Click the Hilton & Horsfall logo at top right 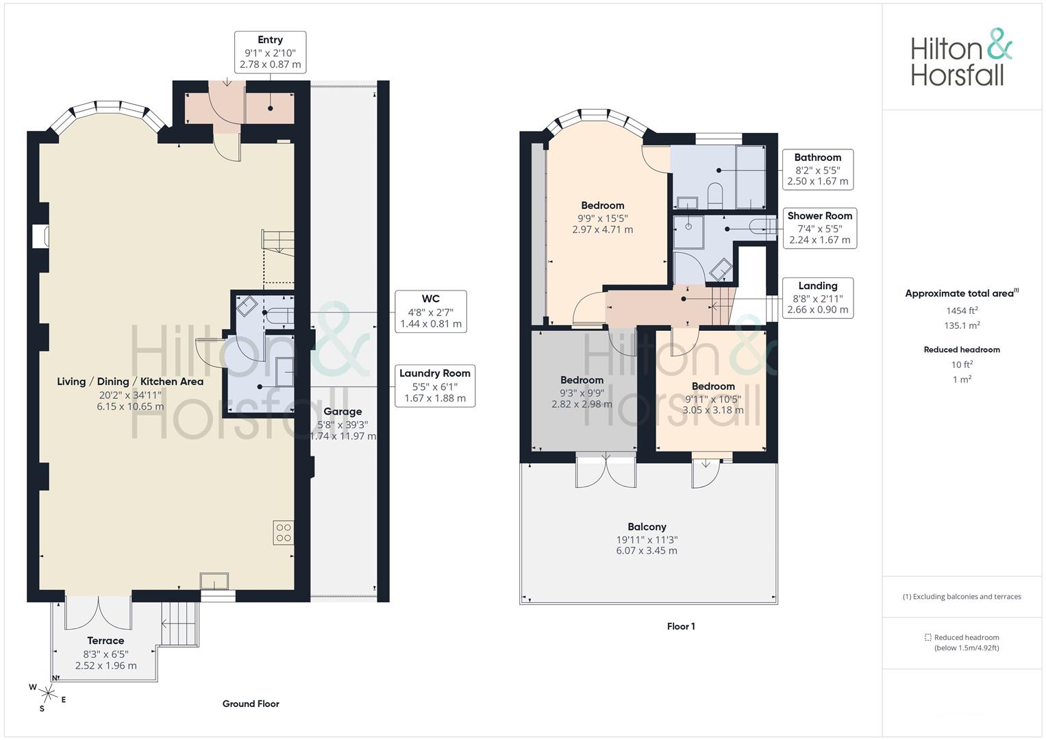(x=960, y=58)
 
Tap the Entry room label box (x=270, y=52)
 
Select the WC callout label (x=431, y=312)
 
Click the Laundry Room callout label (x=435, y=386)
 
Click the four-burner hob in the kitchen (x=284, y=532)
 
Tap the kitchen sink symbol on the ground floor (x=214, y=581)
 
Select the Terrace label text (x=105, y=641)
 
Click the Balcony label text (x=647, y=527)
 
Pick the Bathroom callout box (x=817, y=169)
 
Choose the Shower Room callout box (x=819, y=228)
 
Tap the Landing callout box (x=817, y=297)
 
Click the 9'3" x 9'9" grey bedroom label (x=582, y=392)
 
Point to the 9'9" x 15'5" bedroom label (x=602, y=217)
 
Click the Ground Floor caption (x=251, y=704)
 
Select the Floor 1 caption (x=681, y=626)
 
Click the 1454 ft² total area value (x=961, y=310)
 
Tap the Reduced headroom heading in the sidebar (x=961, y=349)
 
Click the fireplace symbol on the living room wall (x=40, y=236)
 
